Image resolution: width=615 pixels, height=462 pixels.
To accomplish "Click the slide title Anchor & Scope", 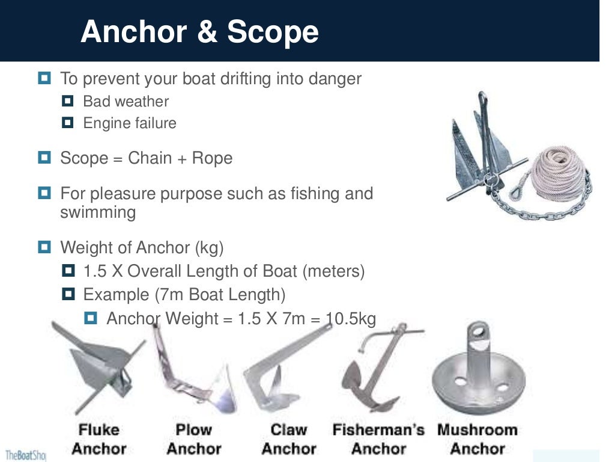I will pos(199,31).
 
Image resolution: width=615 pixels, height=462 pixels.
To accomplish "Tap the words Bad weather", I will pos(126,101).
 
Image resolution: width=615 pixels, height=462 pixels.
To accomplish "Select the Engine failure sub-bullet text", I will pos(130,123).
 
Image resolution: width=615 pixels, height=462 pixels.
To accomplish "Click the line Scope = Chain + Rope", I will pos(146,158).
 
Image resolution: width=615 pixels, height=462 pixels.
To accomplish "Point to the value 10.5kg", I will pos(350,319).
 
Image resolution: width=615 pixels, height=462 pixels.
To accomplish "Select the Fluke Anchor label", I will pos(99,439).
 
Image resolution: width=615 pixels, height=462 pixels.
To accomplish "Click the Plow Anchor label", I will pos(193,439).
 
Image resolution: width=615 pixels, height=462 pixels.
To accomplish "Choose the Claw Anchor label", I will pos(288,439).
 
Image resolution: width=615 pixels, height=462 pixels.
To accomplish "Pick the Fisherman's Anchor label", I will pos(378,439).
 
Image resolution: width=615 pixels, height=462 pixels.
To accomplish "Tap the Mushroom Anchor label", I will pos(477,439).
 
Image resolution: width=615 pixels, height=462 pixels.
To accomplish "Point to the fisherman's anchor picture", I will pos(375,373).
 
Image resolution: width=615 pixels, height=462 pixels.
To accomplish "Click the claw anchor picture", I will pos(282,376).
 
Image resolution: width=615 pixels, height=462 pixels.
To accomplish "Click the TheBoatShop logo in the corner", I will pos(24,455).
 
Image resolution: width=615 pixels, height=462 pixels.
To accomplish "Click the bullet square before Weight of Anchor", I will pos(44,247).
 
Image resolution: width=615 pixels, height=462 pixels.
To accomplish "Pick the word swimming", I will pos(98,212).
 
